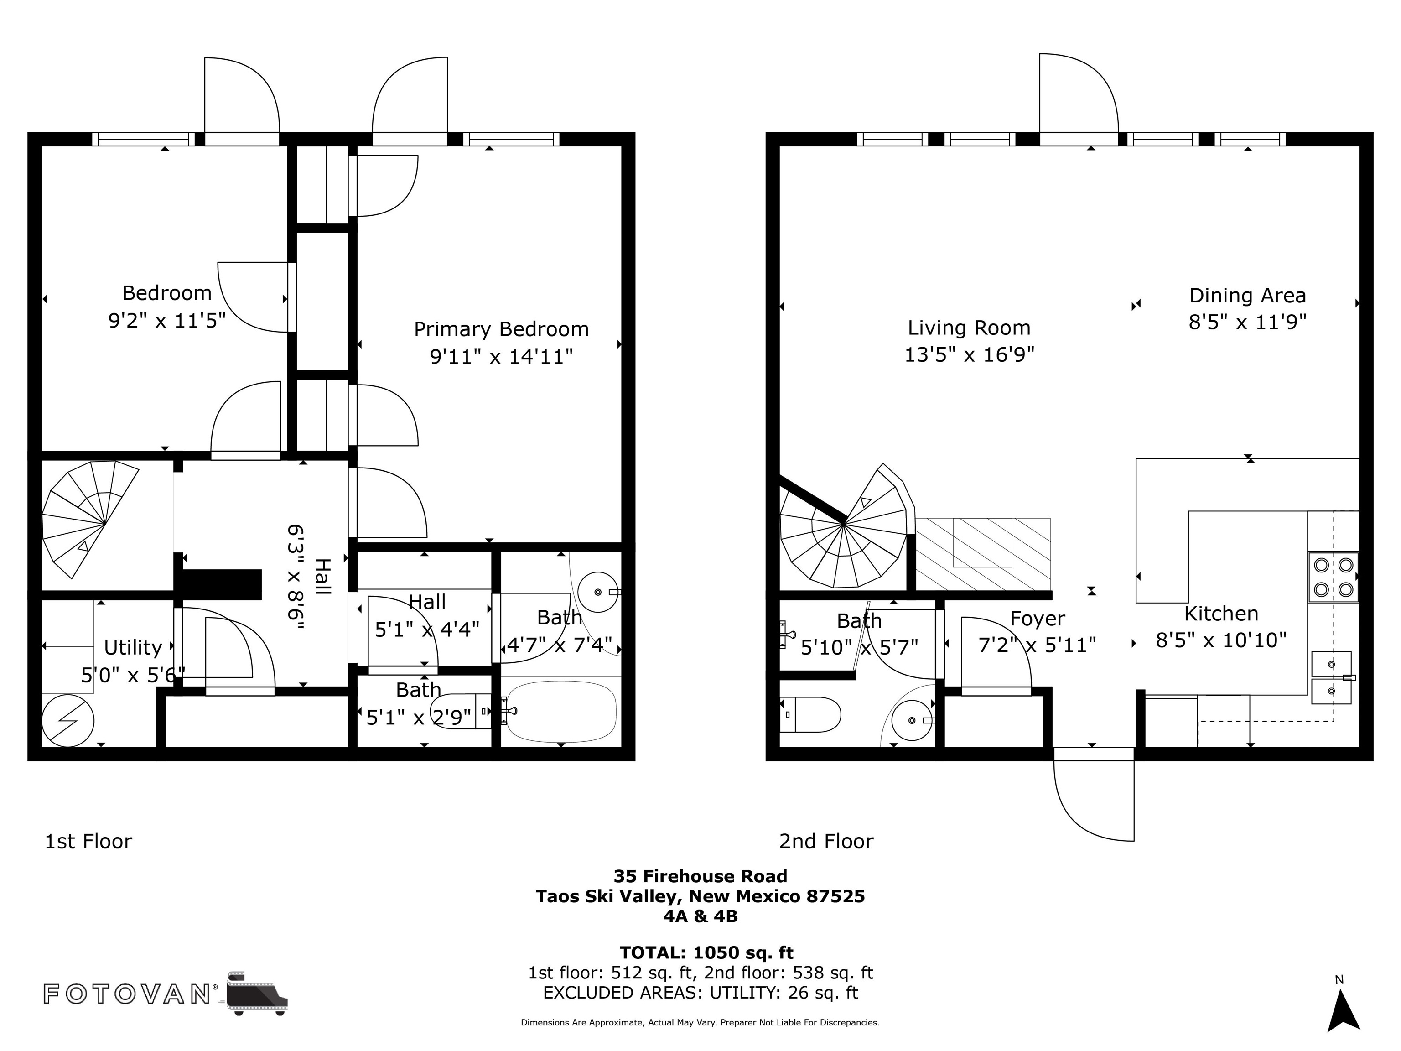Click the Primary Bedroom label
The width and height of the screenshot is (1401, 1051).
(x=501, y=329)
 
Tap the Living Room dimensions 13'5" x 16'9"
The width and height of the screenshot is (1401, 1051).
(x=969, y=354)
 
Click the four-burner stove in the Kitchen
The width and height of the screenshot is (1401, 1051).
(x=1333, y=577)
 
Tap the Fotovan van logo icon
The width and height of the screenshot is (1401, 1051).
(x=256, y=992)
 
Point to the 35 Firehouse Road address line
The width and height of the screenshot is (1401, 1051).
(x=700, y=876)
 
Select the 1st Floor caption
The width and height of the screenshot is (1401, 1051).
(x=88, y=841)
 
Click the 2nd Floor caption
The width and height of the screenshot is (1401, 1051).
(x=826, y=841)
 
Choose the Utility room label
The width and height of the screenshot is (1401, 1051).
(x=133, y=647)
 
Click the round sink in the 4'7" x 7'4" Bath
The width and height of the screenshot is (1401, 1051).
(x=598, y=592)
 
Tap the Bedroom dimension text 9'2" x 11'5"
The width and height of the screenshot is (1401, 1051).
(x=167, y=321)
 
